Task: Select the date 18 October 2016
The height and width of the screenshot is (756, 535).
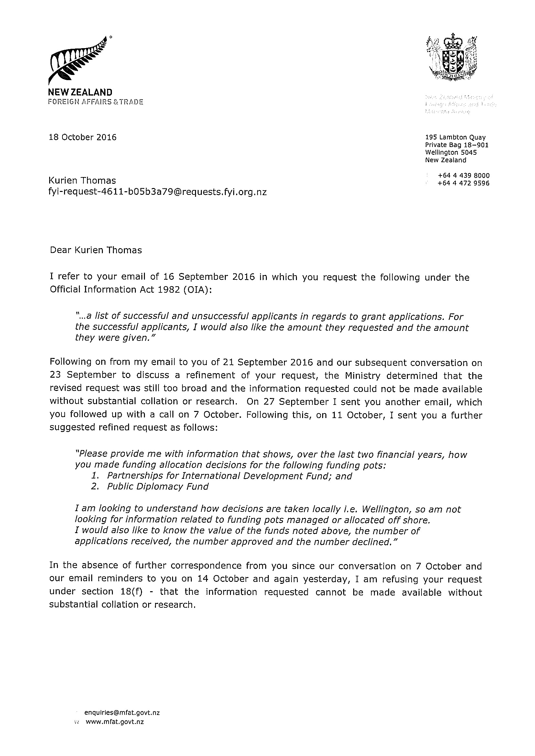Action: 82,137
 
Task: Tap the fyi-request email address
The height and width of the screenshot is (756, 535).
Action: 158,192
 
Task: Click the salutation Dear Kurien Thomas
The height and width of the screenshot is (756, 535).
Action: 96,250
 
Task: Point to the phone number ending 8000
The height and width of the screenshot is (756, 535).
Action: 464,175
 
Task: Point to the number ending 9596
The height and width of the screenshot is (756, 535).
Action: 464,184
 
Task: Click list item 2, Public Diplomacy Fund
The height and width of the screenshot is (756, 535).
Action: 158,487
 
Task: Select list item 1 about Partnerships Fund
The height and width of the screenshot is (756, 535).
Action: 229,476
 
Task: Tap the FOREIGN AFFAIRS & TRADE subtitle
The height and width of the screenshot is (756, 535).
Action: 96,102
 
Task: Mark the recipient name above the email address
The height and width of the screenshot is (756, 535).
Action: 82,181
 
